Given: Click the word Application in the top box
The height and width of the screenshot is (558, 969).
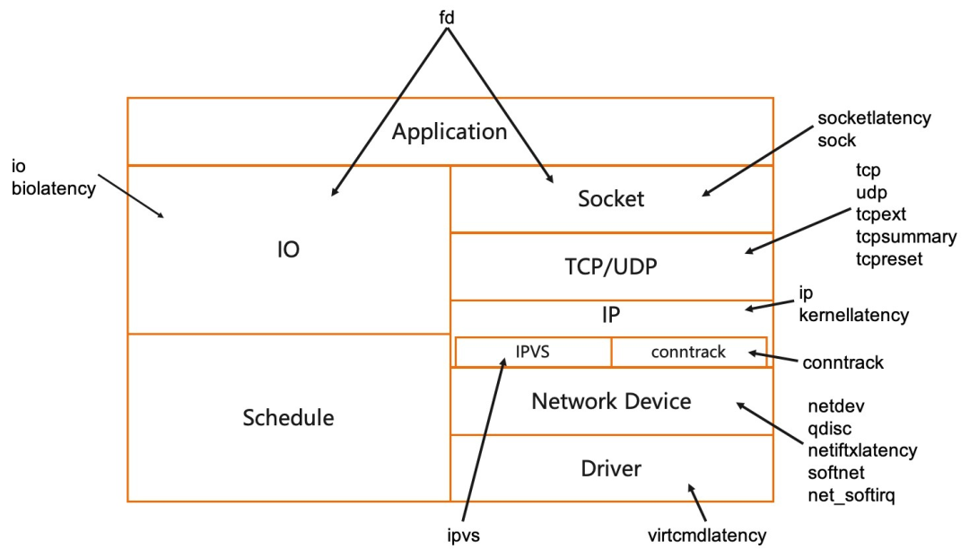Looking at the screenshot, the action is (450, 132).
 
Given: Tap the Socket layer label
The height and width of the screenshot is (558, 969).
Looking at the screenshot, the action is (611, 198).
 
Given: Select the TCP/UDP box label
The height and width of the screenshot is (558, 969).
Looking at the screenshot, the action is (611, 266).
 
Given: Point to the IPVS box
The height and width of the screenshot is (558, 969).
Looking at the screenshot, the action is (533, 352).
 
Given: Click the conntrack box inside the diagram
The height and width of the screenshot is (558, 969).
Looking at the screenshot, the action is (689, 352).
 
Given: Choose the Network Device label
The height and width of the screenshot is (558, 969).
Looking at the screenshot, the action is (611, 401).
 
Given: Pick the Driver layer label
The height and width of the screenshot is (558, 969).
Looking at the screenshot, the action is (611, 468).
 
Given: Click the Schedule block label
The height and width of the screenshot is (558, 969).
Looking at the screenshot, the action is (288, 418).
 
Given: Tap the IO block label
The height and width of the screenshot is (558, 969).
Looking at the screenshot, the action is (288, 249).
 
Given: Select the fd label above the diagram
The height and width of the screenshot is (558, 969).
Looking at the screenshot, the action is (447, 17).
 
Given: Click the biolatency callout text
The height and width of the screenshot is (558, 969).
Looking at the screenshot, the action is (54, 187).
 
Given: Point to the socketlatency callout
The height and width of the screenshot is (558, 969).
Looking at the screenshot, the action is (874, 118).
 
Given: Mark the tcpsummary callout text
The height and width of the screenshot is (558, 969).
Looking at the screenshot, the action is (906, 237).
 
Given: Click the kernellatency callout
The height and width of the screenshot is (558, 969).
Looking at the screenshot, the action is (853, 315).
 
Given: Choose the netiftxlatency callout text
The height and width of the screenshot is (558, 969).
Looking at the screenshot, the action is (862, 450).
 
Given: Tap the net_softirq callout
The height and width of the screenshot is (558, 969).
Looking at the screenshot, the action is (851, 495).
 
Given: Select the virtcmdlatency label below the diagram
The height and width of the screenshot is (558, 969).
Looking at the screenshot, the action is (707, 536).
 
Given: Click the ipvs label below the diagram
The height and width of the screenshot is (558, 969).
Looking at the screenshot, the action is (464, 536).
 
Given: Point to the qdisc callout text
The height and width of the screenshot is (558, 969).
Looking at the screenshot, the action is (829, 428).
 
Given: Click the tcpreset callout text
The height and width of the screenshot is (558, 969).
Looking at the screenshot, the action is (888, 259).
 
